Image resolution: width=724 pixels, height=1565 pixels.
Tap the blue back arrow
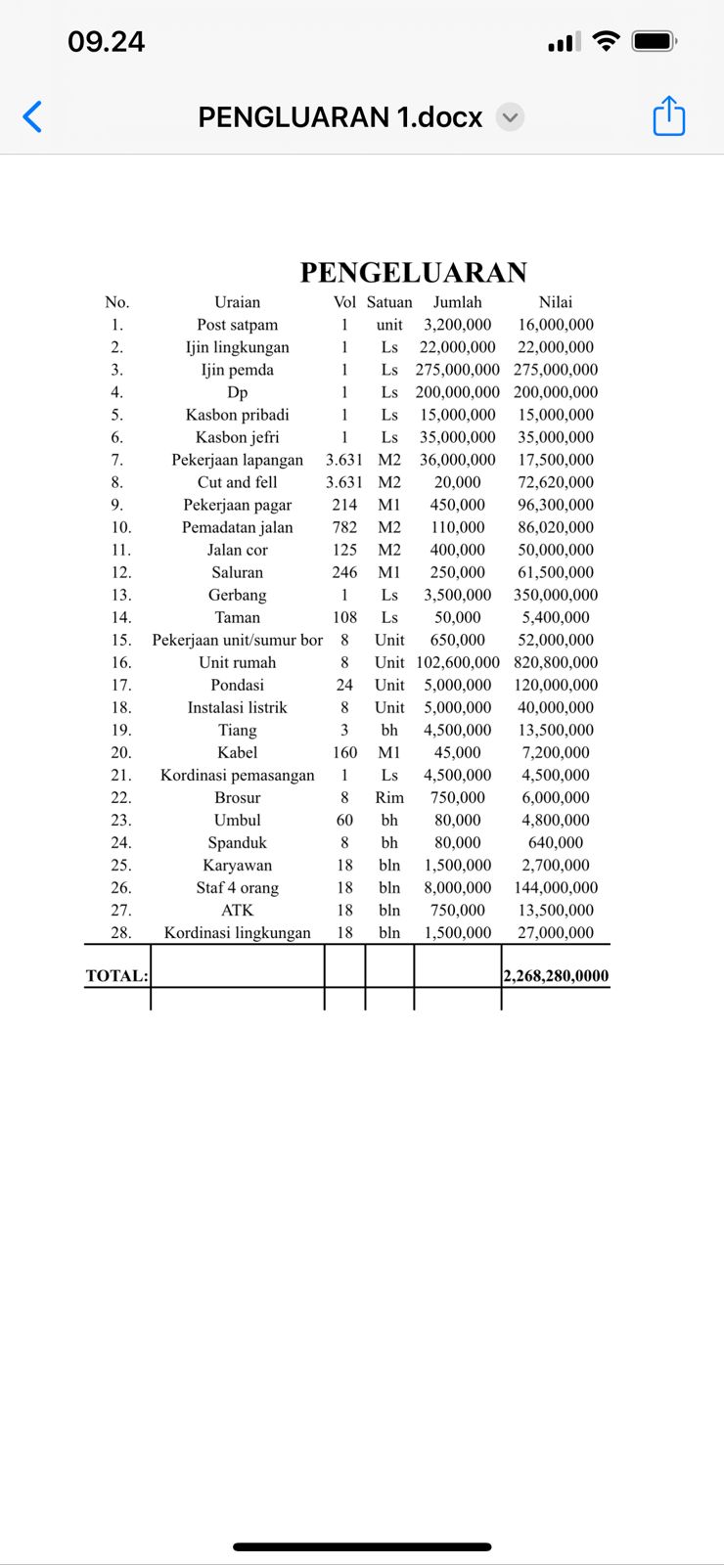click(x=32, y=116)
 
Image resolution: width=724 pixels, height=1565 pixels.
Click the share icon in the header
click(x=669, y=115)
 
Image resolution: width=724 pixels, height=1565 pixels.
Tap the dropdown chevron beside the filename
click(x=510, y=117)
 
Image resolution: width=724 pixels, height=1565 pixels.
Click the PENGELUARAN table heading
click(x=413, y=272)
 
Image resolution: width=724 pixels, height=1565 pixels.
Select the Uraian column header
click(x=238, y=302)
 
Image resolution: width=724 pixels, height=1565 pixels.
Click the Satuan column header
click(x=389, y=302)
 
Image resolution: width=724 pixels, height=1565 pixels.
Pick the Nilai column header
click(x=556, y=302)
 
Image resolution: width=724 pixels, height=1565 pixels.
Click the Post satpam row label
click(x=238, y=325)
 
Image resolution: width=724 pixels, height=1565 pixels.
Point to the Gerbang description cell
click(x=238, y=595)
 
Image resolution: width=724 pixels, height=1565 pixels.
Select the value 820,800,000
click(x=556, y=662)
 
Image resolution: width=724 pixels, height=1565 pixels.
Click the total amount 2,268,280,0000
click(x=556, y=975)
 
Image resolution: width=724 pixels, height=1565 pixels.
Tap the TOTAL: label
click(x=117, y=975)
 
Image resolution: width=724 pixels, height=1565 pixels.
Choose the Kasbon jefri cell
click(x=238, y=437)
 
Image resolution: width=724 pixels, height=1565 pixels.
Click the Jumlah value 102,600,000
click(x=458, y=662)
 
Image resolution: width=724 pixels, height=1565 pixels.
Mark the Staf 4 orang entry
click(x=238, y=887)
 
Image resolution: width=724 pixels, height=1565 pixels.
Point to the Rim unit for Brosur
click(x=389, y=797)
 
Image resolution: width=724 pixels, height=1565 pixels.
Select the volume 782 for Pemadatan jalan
click(x=344, y=527)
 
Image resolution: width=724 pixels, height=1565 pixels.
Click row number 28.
click(x=120, y=932)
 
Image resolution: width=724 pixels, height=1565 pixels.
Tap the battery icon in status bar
click(x=654, y=41)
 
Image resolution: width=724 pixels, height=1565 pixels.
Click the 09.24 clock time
click(x=106, y=41)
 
